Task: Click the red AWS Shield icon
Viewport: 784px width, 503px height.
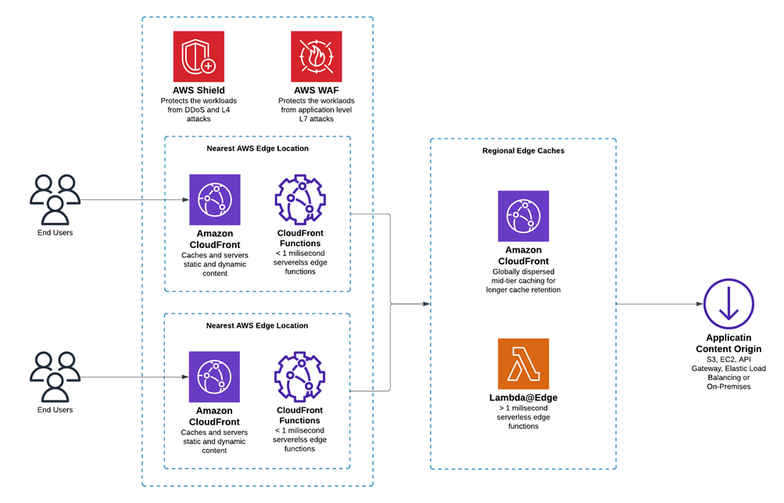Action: [x=199, y=56]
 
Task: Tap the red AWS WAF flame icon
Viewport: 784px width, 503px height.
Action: [x=316, y=56]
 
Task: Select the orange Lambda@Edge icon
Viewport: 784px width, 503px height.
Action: [x=523, y=364]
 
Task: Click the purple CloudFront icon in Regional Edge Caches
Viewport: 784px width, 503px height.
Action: [x=523, y=216]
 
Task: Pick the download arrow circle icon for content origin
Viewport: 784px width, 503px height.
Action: [x=729, y=304]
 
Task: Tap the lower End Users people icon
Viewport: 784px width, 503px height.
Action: [x=55, y=377]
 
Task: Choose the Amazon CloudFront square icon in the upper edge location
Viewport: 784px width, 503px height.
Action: [x=215, y=199]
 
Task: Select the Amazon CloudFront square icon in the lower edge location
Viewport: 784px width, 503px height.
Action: [x=215, y=376]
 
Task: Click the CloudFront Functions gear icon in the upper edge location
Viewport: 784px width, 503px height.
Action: [x=299, y=199]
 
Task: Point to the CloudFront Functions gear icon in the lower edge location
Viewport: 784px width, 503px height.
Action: [x=299, y=376]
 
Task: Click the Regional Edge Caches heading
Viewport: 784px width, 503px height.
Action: [x=523, y=151]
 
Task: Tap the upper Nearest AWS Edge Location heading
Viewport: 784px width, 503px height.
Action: [x=257, y=148]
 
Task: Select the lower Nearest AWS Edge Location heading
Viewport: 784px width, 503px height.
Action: [x=257, y=325]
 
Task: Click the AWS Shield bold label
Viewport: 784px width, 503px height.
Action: [x=199, y=91]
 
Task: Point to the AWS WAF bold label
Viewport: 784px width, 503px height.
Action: [x=316, y=91]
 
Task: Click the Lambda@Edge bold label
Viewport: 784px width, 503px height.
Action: [x=523, y=397]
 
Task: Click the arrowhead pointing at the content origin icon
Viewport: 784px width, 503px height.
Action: [x=698, y=304]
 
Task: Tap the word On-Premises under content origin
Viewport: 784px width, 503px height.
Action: [x=729, y=386]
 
